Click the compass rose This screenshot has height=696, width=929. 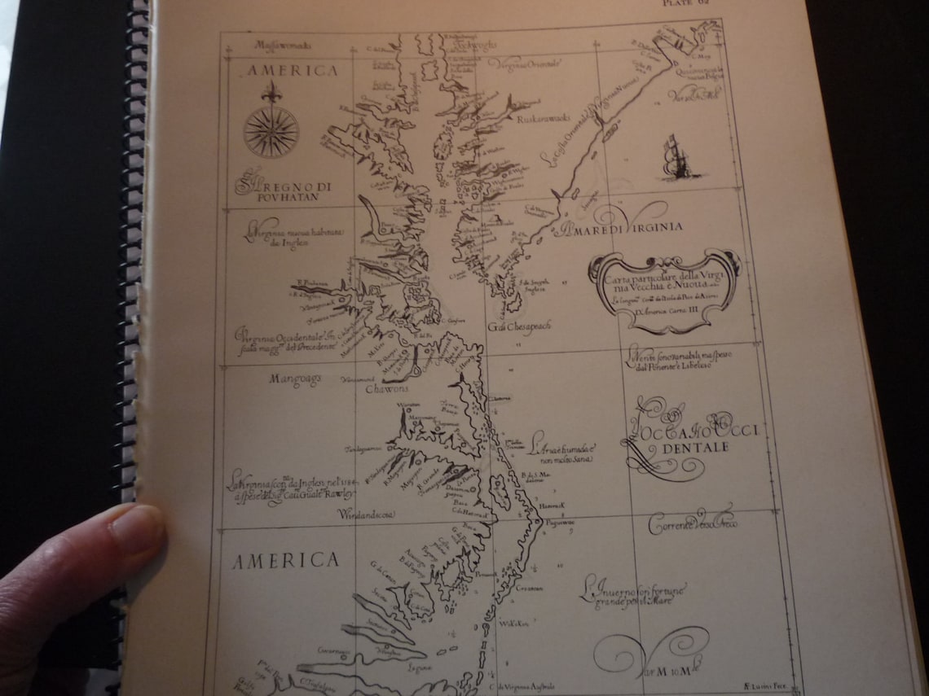click(271, 130)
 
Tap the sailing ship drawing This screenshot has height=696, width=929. click(673, 159)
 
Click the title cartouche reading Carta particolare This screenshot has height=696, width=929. click(665, 291)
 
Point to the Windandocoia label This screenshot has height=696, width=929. click(367, 515)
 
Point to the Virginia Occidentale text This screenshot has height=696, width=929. click(285, 337)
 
